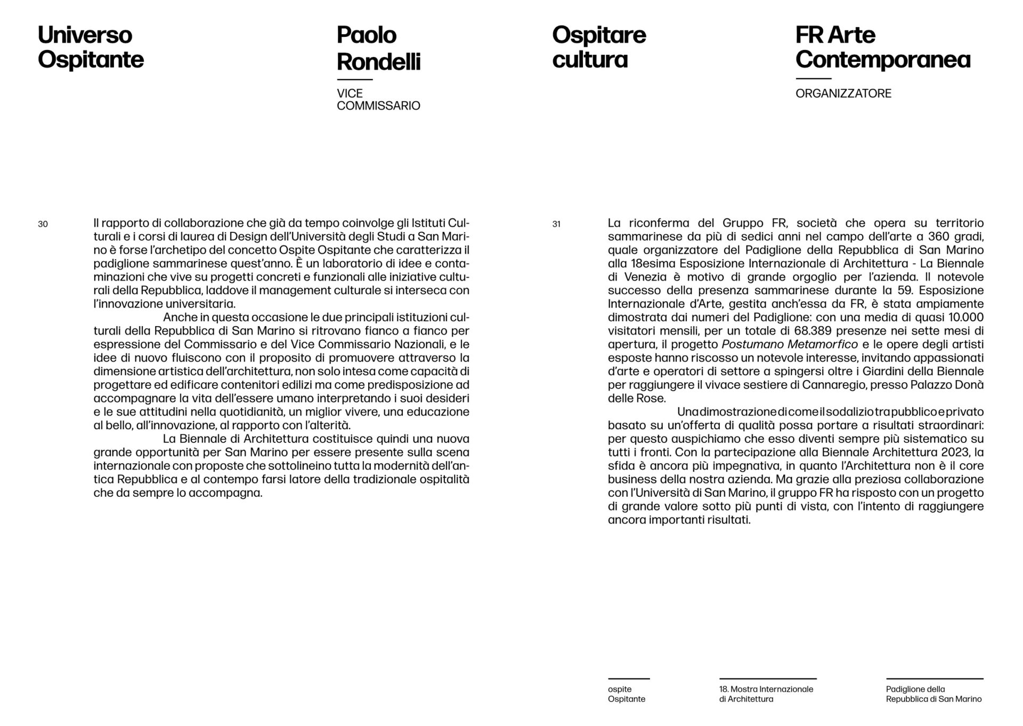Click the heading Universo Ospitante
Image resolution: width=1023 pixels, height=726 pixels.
pyautogui.click(x=91, y=47)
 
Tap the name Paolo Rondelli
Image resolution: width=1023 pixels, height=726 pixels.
pyautogui.click(x=378, y=49)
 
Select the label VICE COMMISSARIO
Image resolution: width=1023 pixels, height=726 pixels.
pyautogui.click(x=378, y=100)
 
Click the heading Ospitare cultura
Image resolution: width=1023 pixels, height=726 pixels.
pyautogui.click(x=599, y=47)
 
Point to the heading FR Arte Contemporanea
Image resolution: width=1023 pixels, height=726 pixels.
pyautogui.click(x=882, y=47)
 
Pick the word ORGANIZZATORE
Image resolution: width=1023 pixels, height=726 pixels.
pyautogui.click(x=843, y=94)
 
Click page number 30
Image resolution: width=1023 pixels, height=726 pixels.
pyautogui.click(x=43, y=224)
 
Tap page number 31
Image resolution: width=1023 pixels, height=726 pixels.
pyautogui.click(x=556, y=224)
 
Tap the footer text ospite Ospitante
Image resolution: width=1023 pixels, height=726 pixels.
pyautogui.click(x=626, y=694)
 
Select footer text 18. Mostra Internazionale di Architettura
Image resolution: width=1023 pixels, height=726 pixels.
pyautogui.click(x=766, y=694)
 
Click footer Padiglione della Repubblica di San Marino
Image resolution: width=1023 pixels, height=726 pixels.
pyautogui.click(x=933, y=694)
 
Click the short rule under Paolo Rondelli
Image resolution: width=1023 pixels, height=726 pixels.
pyautogui.click(x=354, y=79)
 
